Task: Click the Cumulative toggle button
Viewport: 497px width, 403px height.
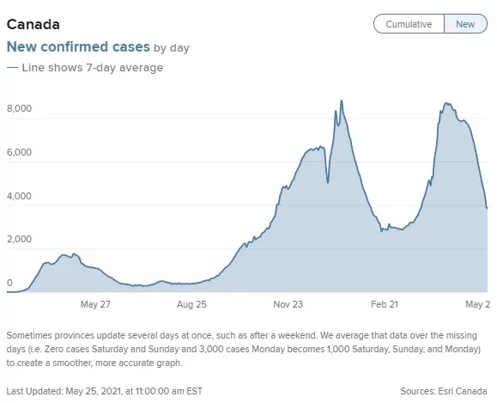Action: click(x=409, y=24)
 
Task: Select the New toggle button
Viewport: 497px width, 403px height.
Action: click(x=465, y=24)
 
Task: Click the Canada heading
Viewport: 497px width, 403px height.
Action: click(x=33, y=24)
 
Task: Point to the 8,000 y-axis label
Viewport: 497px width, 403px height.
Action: click(x=20, y=108)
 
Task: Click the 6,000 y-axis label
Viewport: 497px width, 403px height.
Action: click(x=20, y=152)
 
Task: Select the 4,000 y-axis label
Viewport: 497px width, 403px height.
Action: click(x=20, y=196)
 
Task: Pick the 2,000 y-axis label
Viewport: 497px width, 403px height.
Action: click(x=20, y=239)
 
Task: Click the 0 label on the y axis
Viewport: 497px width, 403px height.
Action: click(x=9, y=283)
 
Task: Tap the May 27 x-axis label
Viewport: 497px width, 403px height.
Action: click(x=95, y=304)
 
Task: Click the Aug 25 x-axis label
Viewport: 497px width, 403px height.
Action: click(x=191, y=304)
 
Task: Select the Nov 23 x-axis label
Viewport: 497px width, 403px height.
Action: click(x=288, y=304)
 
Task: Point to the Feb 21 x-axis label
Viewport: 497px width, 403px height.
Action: click(x=385, y=304)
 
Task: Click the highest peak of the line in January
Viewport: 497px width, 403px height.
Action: click(x=342, y=101)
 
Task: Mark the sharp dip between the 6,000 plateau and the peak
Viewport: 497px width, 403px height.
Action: click(x=328, y=182)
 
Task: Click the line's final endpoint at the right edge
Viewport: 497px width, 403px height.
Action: click(x=488, y=208)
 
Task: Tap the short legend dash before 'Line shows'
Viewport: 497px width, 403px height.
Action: click(x=12, y=68)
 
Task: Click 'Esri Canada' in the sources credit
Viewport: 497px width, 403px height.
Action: click(x=463, y=391)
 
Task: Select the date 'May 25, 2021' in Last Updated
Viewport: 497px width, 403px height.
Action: click(x=94, y=391)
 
